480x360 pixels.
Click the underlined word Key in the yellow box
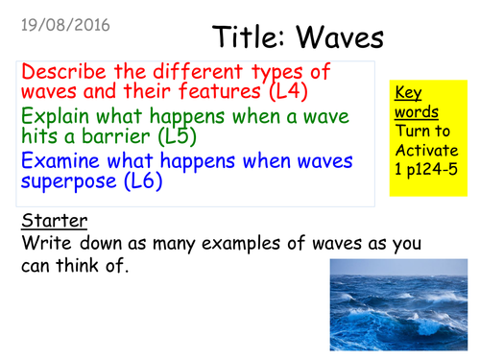pos(406,93)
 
